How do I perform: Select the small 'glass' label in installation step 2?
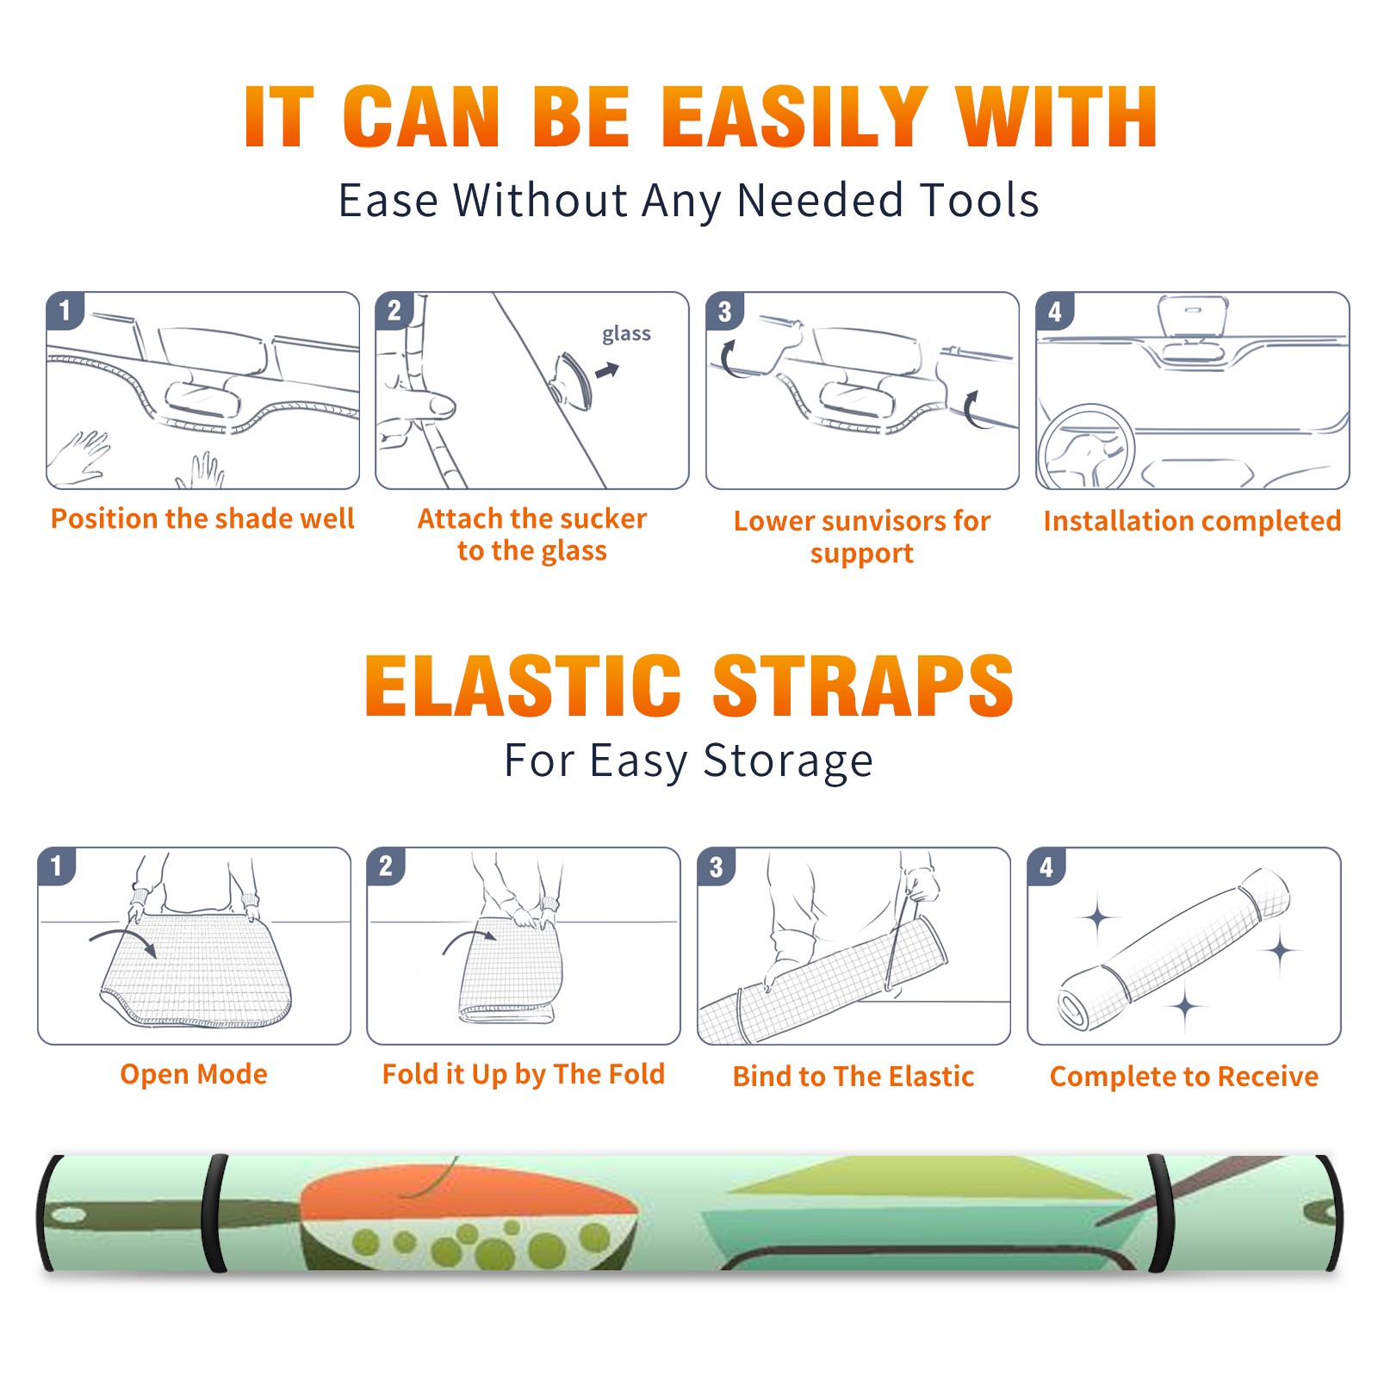(x=626, y=334)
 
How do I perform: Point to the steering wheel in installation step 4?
(x=1086, y=447)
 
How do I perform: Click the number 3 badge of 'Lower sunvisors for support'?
(x=724, y=311)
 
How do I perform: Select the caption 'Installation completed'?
(x=1192, y=520)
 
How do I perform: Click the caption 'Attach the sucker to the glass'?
(x=532, y=534)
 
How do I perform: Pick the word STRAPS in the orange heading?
(x=864, y=686)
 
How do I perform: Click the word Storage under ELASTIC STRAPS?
(x=788, y=761)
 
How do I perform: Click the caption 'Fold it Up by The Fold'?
(x=524, y=1074)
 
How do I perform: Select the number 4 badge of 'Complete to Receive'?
(x=1046, y=866)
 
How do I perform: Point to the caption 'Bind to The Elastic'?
(x=853, y=1077)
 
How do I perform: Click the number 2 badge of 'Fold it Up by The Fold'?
(x=385, y=866)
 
